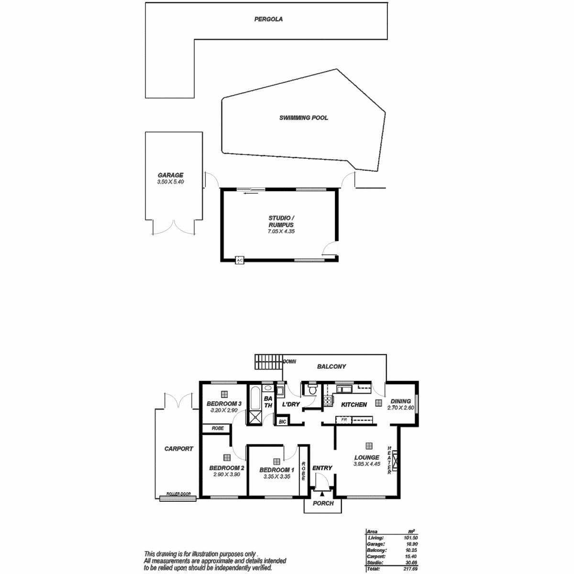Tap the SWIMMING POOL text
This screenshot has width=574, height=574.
click(304, 118)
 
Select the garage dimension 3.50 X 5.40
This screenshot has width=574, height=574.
click(171, 182)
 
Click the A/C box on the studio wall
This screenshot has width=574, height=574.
click(240, 260)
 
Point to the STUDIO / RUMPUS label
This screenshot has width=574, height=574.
click(281, 221)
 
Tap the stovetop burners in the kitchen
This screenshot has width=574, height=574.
click(328, 401)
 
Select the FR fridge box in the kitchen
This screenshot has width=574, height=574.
click(343, 420)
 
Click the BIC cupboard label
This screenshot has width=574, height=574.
click(282, 422)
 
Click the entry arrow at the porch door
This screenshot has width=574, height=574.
click(322, 494)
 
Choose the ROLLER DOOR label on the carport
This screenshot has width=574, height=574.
click(178, 494)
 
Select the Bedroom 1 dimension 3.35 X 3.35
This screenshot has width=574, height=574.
click(276, 477)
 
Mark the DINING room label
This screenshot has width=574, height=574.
click(400, 401)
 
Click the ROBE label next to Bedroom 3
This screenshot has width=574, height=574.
click(218, 429)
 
